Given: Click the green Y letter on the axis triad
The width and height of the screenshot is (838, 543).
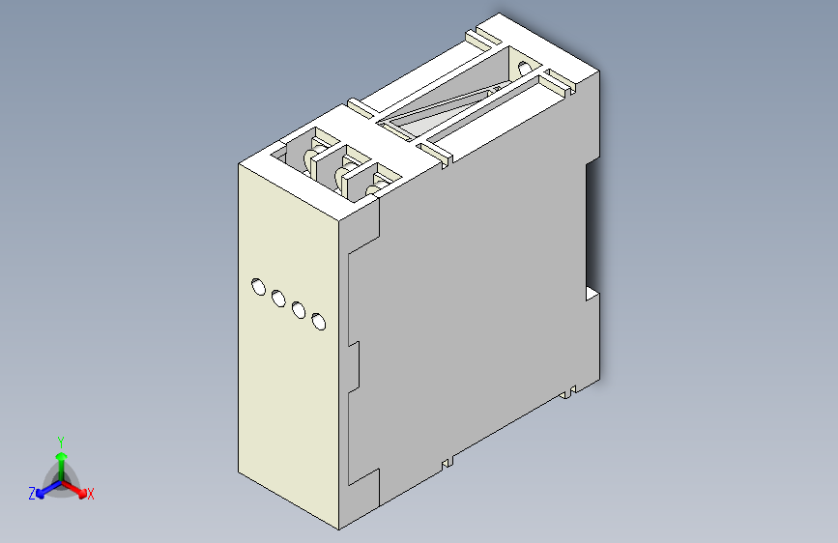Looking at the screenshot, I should click(60, 440).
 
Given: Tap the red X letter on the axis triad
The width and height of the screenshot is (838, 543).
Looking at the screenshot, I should click(91, 494).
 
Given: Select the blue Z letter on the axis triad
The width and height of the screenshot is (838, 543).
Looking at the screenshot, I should click(32, 493).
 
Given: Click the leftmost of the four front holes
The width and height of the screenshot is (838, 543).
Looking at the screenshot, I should click(258, 286).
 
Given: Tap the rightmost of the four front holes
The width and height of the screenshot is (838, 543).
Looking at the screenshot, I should click(320, 322).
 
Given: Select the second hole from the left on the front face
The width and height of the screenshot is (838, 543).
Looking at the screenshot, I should click(278, 298).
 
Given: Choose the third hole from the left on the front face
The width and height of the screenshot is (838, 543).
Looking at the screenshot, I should click(299, 310).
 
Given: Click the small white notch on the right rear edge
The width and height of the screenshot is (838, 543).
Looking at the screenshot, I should click(591, 292).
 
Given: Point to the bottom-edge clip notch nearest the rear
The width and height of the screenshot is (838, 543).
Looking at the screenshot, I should click(570, 391).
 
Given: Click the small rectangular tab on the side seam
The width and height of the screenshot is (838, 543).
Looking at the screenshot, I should click(354, 366).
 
